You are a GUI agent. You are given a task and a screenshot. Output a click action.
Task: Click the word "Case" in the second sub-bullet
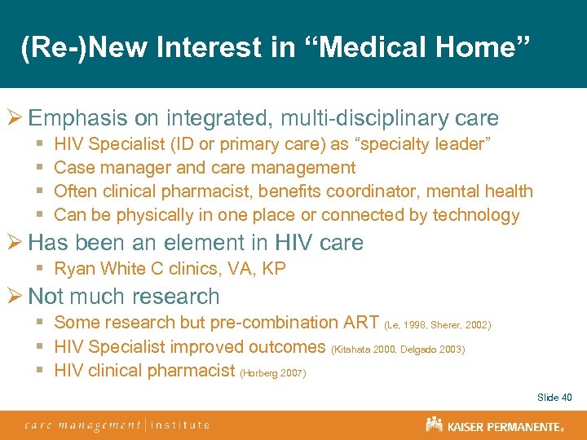pos(73,168)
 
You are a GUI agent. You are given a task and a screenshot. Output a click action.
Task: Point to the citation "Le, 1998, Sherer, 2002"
pos(437,325)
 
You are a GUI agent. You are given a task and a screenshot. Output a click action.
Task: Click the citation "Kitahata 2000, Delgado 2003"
pos(398,349)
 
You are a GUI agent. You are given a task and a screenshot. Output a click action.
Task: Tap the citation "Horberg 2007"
pos(273,372)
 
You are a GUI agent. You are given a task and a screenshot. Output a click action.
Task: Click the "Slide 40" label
pos(554,398)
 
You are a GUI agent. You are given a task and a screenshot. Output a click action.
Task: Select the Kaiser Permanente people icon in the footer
pos(434,424)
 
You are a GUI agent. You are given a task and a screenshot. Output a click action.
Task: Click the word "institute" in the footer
pos(180,425)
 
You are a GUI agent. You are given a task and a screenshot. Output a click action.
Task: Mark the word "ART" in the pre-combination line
pos(361,323)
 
